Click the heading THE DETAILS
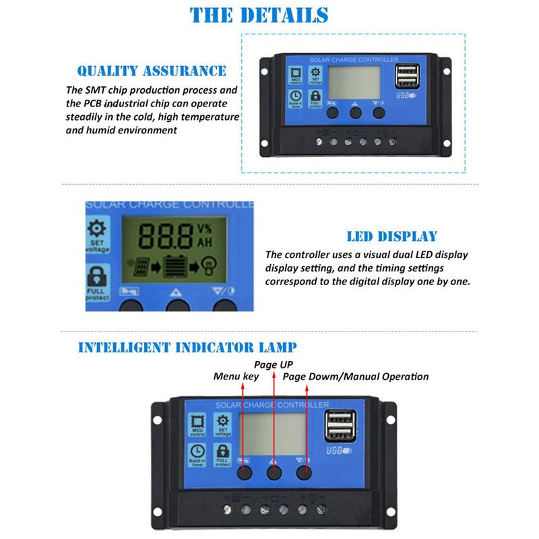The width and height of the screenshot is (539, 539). pyautogui.click(x=269, y=15)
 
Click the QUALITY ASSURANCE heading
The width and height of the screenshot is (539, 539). pyautogui.click(x=152, y=71)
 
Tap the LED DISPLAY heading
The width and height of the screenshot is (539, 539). pyautogui.click(x=391, y=236)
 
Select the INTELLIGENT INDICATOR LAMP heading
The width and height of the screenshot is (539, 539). pyautogui.click(x=187, y=348)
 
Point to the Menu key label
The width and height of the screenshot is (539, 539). pyautogui.click(x=236, y=377)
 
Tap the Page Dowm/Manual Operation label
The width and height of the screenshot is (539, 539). pyautogui.click(x=356, y=377)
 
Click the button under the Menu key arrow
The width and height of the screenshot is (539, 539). pyautogui.click(x=243, y=472)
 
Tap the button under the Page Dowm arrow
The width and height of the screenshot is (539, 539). pyautogui.click(x=305, y=472)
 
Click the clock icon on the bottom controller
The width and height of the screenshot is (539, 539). pyautogui.click(x=197, y=451)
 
